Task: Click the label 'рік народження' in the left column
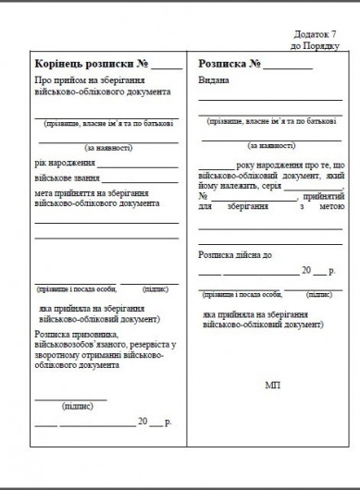pos(64,164)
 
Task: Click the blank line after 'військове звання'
pos(139,180)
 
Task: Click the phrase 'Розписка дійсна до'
pos(237,254)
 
